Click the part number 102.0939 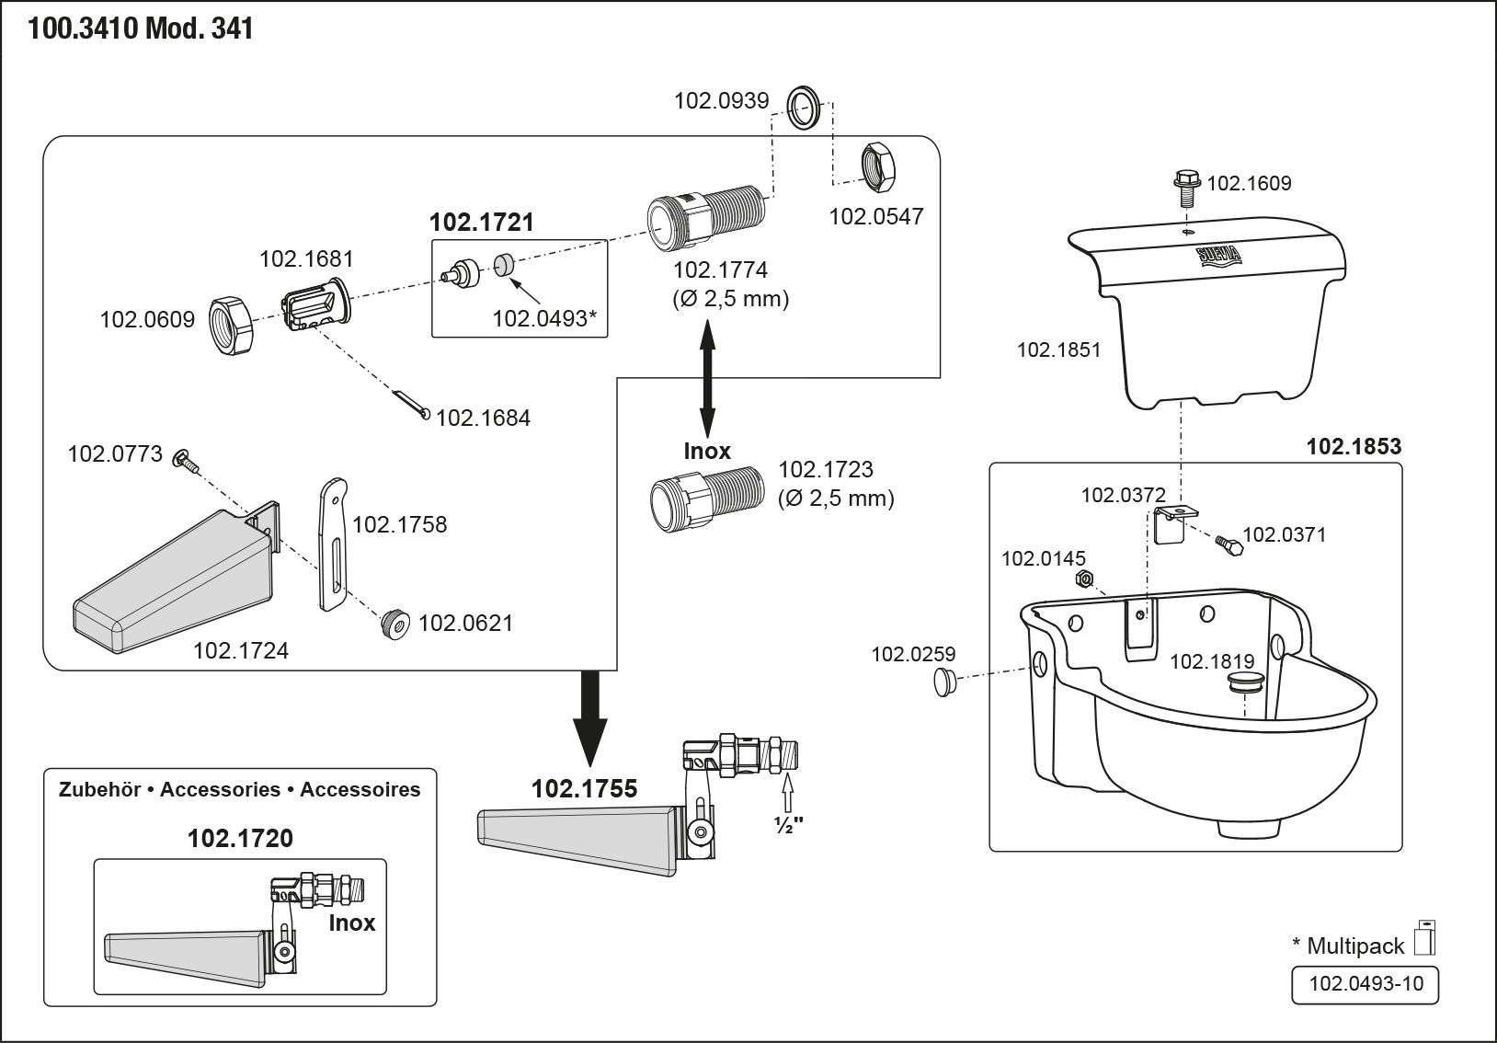[x=721, y=100]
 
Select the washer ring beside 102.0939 [x=806, y=107]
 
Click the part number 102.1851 [x=1058, y=350]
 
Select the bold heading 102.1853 [x=1354, y=447]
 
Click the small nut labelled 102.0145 [x=1084, y=579]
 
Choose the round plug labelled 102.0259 [x=943, y=682]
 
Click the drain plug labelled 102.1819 [x=1245, y=682]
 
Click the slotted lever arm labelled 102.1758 [x=333, y=543]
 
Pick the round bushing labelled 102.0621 [x=397, y=624]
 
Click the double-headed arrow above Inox [x=707, y=377]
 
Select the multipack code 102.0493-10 [x=1366, y=984]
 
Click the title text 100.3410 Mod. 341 [x=141, y=29]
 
